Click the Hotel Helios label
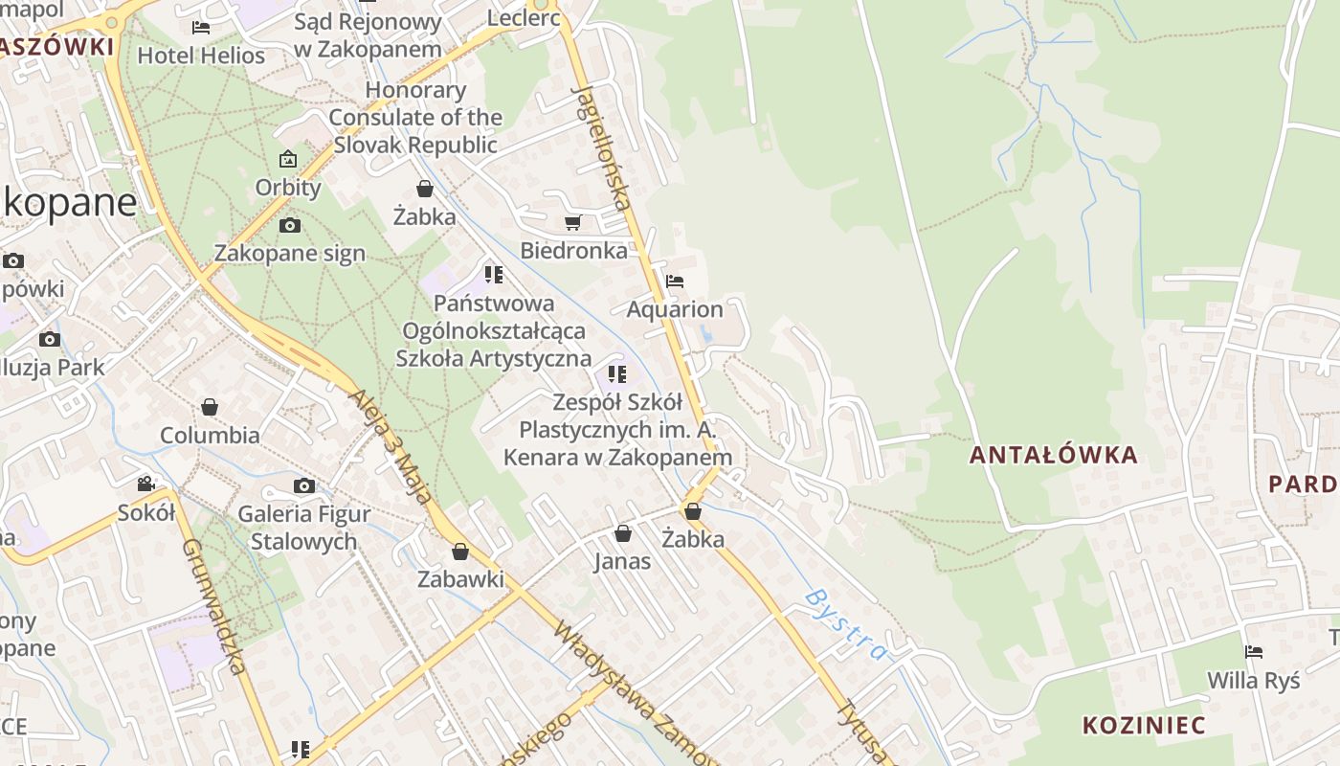201,56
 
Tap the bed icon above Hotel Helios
201,28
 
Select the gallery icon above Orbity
287,159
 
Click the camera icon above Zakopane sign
289,226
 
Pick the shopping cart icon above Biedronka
572,223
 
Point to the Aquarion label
675,309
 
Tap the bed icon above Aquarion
675,282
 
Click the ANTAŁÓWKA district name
1054,455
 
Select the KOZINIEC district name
1144,724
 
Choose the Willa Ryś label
1254,681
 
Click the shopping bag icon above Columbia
210,408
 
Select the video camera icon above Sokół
145,484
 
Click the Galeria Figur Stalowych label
303,528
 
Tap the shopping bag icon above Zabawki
460,552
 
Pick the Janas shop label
622,561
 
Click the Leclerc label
524,17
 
